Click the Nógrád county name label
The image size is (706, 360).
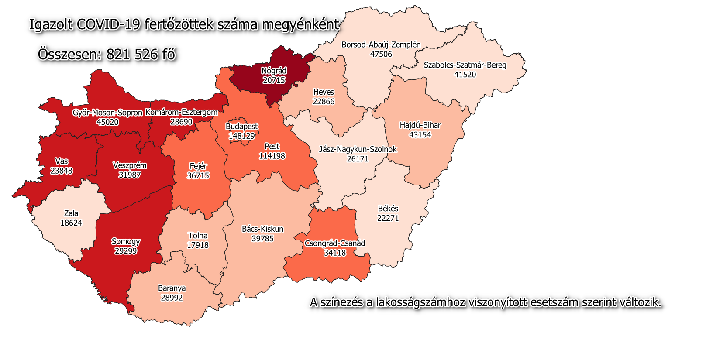point(274,71)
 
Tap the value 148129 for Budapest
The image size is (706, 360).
point(241,136)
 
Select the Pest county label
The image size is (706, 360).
point(272,146)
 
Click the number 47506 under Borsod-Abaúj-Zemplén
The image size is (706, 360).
point(381,54)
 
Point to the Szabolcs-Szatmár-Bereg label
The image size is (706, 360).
point(465,65)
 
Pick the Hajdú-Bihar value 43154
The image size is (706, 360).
point(420,135)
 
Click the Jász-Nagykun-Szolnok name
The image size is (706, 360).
point(358,149)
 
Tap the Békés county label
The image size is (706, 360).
point(388,209)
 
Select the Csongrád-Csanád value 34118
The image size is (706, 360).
point(334,253)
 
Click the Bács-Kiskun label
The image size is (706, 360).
point(262,229)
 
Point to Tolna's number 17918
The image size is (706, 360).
point(197,245)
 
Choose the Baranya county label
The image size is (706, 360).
point(172,288)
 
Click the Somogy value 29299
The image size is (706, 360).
point(125,251)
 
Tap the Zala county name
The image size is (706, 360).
point(71,213)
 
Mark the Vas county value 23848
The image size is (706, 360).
point(61,171)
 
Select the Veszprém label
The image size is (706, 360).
point(130,165)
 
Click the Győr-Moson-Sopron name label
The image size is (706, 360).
point(107,113)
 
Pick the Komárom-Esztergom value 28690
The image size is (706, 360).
point(181,122)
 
